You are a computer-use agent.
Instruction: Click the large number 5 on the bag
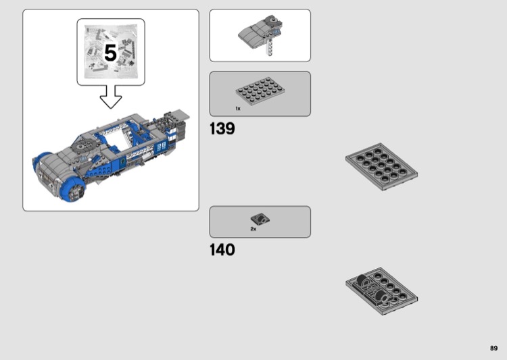110,53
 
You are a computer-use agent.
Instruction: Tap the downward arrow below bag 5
111,97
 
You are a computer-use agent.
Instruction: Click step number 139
222,128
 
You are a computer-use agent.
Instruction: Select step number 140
222,250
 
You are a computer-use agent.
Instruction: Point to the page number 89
493,348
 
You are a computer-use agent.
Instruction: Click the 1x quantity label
238,109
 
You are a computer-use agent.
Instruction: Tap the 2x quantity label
254,229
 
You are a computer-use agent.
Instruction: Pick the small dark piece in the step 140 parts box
260,219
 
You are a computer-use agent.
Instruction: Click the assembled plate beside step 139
381,167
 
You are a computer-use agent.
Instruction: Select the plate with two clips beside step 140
381,291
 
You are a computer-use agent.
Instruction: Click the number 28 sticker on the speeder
161,147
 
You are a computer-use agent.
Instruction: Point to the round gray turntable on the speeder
82,146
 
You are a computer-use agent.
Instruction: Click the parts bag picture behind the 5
111,52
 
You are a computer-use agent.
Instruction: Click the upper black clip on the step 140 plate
362,280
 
